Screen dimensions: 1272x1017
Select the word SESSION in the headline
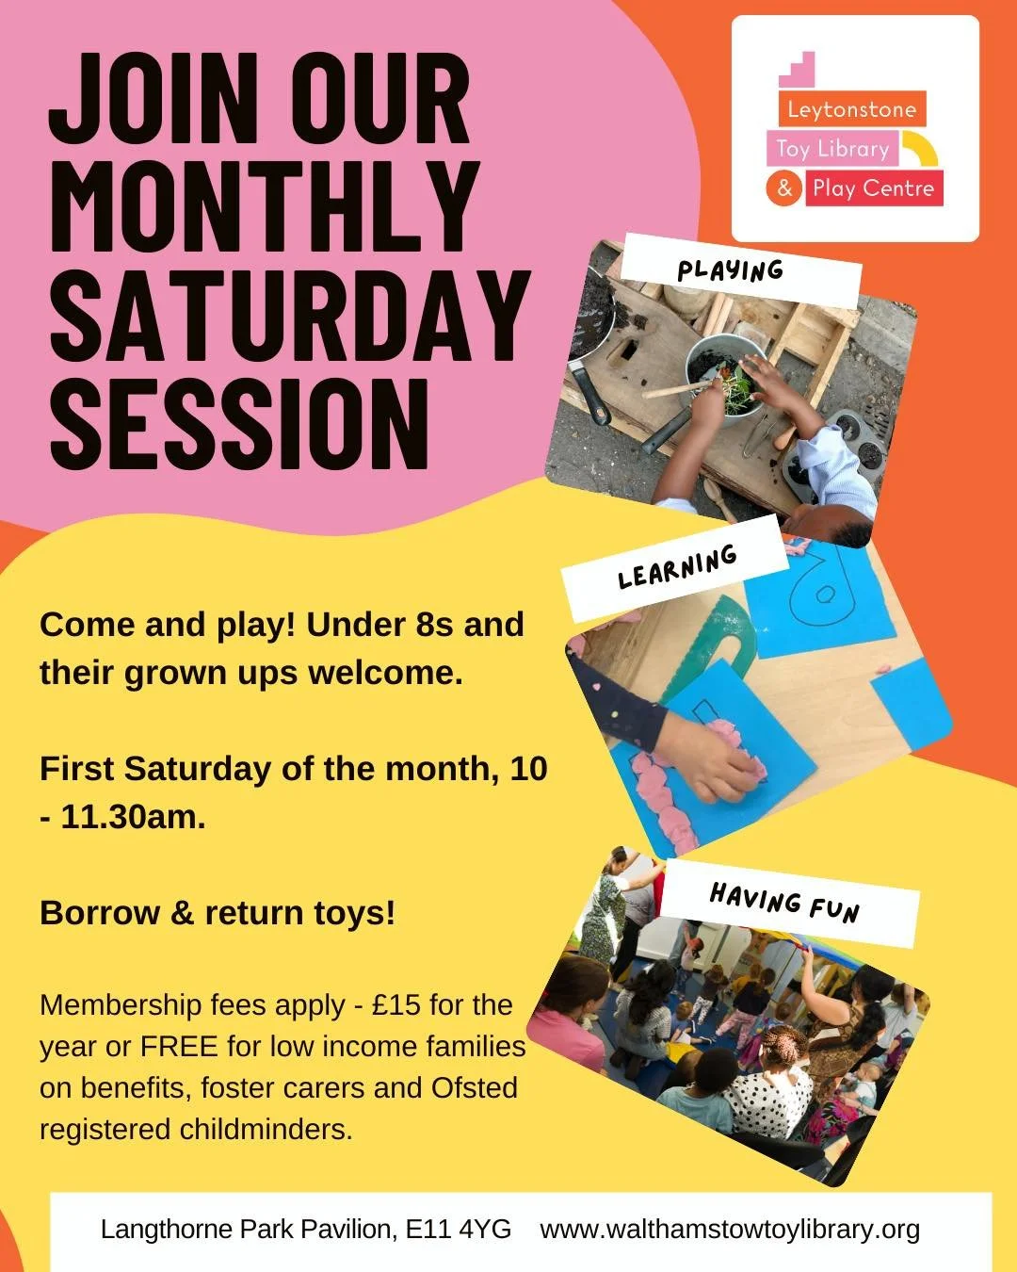click(x=239, y=423)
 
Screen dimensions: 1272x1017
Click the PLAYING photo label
click(x=731, y=270)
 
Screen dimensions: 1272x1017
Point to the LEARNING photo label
click(x=677, y=566)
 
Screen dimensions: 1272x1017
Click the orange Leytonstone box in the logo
click(x=851, y=109)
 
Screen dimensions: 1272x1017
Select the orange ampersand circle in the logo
click(x=784, y=188)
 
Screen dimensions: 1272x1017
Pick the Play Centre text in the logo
click(x=873, y=188)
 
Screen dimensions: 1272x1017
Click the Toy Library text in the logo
click(x=832, y=149)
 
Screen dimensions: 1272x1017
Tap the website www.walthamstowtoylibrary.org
click(x=730, y=1229)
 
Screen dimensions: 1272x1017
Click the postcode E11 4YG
click(x=459, y=1229)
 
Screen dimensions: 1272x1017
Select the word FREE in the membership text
click(x=179, y=1046)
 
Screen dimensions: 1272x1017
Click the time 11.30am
click(x=133, y=816)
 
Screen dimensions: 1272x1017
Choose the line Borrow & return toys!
click(x=218, y=912)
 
